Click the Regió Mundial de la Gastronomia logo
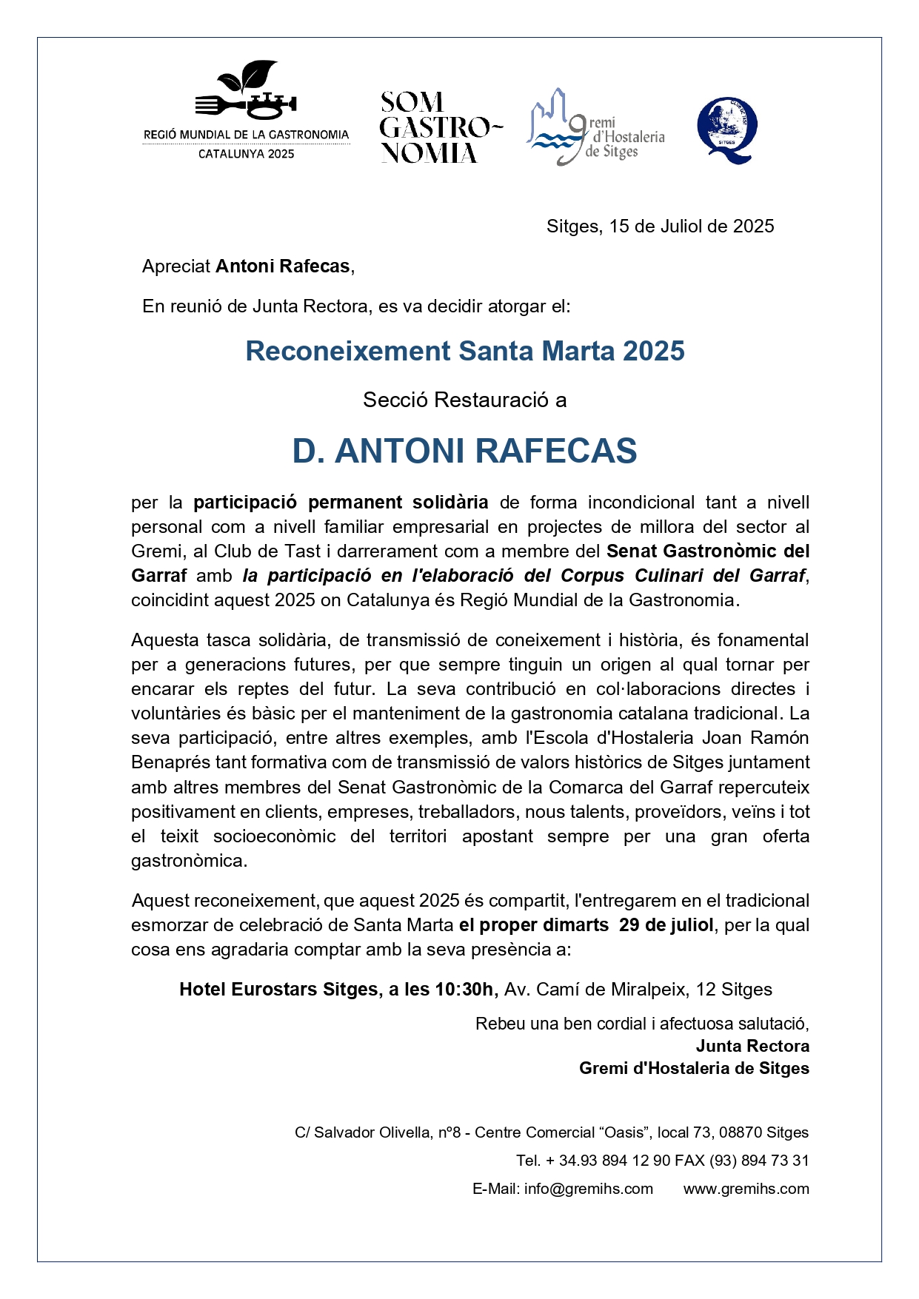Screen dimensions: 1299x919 (x=246, y=111)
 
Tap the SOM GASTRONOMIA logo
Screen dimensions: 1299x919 (x=440, y=127)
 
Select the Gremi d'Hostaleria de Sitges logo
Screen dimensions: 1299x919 (x=595, y=128)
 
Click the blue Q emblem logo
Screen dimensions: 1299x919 (x=727, y=130)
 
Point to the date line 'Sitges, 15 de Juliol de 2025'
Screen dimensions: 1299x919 (x=660, y=226)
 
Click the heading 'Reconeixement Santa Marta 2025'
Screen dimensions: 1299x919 (x=465, y=351)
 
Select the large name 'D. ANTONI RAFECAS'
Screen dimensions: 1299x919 (x=464, y=451)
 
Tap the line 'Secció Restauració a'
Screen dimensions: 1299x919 (x=464, y=400)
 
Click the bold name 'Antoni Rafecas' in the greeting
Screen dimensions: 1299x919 (x=282, y=266)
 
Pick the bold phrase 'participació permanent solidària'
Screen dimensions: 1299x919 (x=341, y=503)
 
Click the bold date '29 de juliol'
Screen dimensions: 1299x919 (x=666, y=925)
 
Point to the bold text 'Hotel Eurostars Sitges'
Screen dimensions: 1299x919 (x=278, y=990)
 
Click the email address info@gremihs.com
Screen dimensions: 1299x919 (x=589, y=1189)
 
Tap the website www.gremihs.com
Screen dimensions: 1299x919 (x=746, y=1189)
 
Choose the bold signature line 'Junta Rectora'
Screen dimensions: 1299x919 (x=752, y=1046)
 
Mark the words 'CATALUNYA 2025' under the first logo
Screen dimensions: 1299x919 (x=246, y=154)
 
